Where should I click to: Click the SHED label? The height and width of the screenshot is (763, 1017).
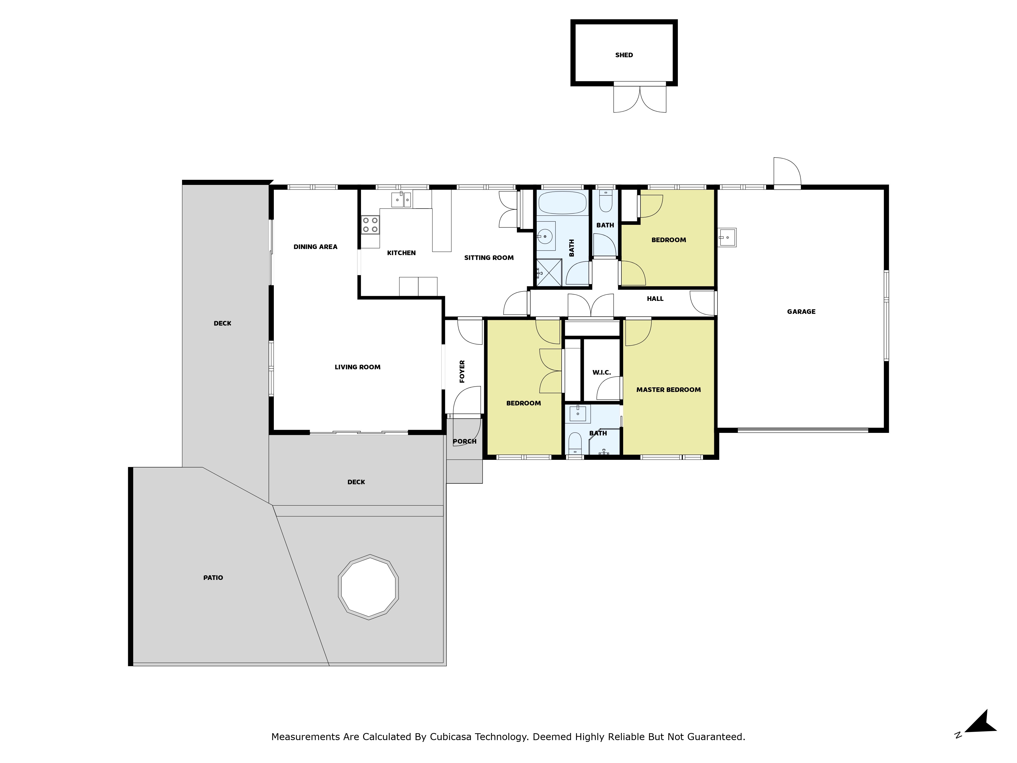tap(624, 55)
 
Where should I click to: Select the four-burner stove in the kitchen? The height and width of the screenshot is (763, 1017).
tap(370, 225)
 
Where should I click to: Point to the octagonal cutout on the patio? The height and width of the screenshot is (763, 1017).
tap(368, 587)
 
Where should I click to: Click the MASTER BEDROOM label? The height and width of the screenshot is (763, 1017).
tap(668, 390)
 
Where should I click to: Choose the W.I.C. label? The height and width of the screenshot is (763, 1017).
tap(601, 373)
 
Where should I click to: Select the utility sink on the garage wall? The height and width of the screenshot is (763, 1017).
tap(727, 237)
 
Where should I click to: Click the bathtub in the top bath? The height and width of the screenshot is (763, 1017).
tap(562, 203)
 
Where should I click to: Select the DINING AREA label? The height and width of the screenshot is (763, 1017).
tap(316, 247)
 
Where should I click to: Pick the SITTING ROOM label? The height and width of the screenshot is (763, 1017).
tap(489, 258)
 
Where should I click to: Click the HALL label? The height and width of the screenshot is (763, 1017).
tap(655, 299)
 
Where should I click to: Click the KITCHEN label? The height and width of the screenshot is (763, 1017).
tap(401, 253)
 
